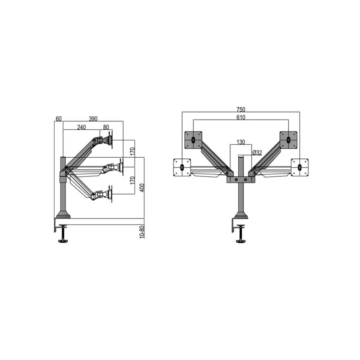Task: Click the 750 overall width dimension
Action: coord(241,109)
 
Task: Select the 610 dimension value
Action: coord(241,117)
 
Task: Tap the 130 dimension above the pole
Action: coord(241,142)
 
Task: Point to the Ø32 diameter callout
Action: coord(257,153)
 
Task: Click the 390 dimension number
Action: coord(93,119)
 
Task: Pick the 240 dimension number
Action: coord(81,127)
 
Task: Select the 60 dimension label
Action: coord(59,119)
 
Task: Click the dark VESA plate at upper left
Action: coord(193,140)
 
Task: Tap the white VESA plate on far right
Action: coord(300,167)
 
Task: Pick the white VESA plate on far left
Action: coord(182,167)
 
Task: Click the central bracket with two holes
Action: coord(240,179)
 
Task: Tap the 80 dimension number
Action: coord(106,127)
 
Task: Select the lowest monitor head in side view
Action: coord(104,195)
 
